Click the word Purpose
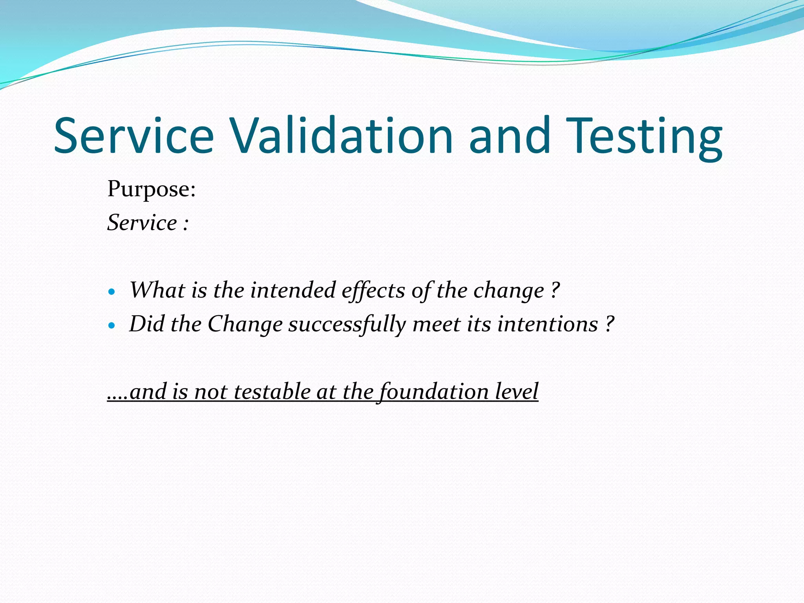point(151,190)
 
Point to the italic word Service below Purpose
point(142,223)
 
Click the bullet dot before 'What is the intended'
point(112,292)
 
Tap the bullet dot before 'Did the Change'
point(112,325)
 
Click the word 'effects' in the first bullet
point(373,291)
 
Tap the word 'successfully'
point(347,325)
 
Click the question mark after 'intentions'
point(609,325)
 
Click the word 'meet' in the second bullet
point(436,325)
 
